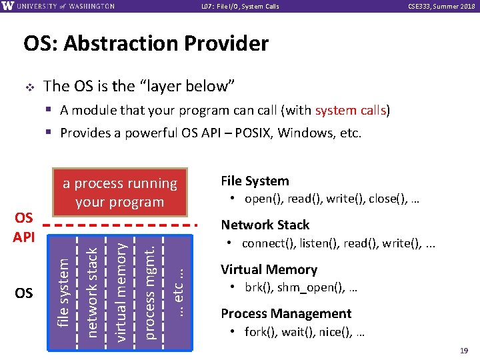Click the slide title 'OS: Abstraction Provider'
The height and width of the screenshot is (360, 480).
pos(146,44)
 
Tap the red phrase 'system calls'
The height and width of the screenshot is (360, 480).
pos(351,110)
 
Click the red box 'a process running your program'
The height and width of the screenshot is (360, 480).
pos(120,193)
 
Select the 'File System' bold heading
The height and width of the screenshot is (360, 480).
pos(255,181)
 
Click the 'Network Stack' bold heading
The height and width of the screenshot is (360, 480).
pos(265,225)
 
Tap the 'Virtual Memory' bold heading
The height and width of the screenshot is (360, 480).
pos(269,270)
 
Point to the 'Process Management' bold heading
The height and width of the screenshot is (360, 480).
pos(286,314)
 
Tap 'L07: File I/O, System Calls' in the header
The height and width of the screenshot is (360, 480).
pos(240,7)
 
